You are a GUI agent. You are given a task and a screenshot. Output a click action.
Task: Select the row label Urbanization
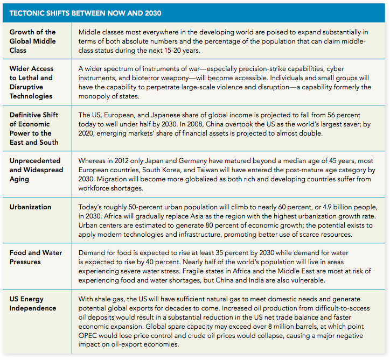[30, 207]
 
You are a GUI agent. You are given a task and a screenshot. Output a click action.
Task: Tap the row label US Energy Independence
[33, 303]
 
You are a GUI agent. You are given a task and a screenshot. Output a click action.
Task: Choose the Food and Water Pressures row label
[36, 257]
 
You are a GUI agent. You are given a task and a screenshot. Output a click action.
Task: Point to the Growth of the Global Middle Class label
[32, 41]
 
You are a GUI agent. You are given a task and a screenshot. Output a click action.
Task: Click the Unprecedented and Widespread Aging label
[36, 170]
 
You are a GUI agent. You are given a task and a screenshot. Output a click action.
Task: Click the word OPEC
[88, 336]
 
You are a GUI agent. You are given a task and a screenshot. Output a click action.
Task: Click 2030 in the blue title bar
[153, 13]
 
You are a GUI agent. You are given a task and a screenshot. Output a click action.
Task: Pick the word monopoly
[94, 96]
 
